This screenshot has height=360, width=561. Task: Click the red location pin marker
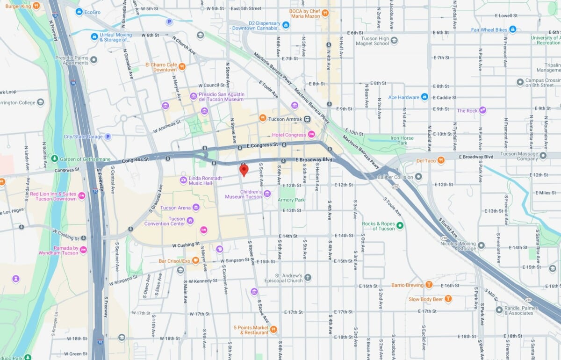pos(244,169)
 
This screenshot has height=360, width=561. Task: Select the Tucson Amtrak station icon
pos(307,119)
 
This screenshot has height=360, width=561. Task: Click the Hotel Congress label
pos(289,135)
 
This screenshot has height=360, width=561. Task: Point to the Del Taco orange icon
pos(441,161)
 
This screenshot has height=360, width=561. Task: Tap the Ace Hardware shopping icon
pos(424,97)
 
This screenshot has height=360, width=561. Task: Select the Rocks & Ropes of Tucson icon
pos(400,226)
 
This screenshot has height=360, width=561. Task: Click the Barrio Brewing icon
pos(429,285)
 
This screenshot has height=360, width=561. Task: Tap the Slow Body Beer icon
pos(448,299)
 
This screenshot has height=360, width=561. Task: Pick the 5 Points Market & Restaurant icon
pos(274,330)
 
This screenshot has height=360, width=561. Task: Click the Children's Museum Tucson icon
pos(267,194)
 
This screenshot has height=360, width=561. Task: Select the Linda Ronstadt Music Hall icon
pos(184,180)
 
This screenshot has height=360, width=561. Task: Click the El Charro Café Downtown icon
pos(182,67)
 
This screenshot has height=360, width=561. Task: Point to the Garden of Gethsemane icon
pos(55,159)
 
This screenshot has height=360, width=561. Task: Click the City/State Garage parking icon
pos(108,137)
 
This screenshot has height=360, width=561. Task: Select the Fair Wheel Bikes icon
pos(513,29)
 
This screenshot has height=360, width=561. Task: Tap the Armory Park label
pos(291,200)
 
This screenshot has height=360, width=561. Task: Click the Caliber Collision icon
pos(418,177)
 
